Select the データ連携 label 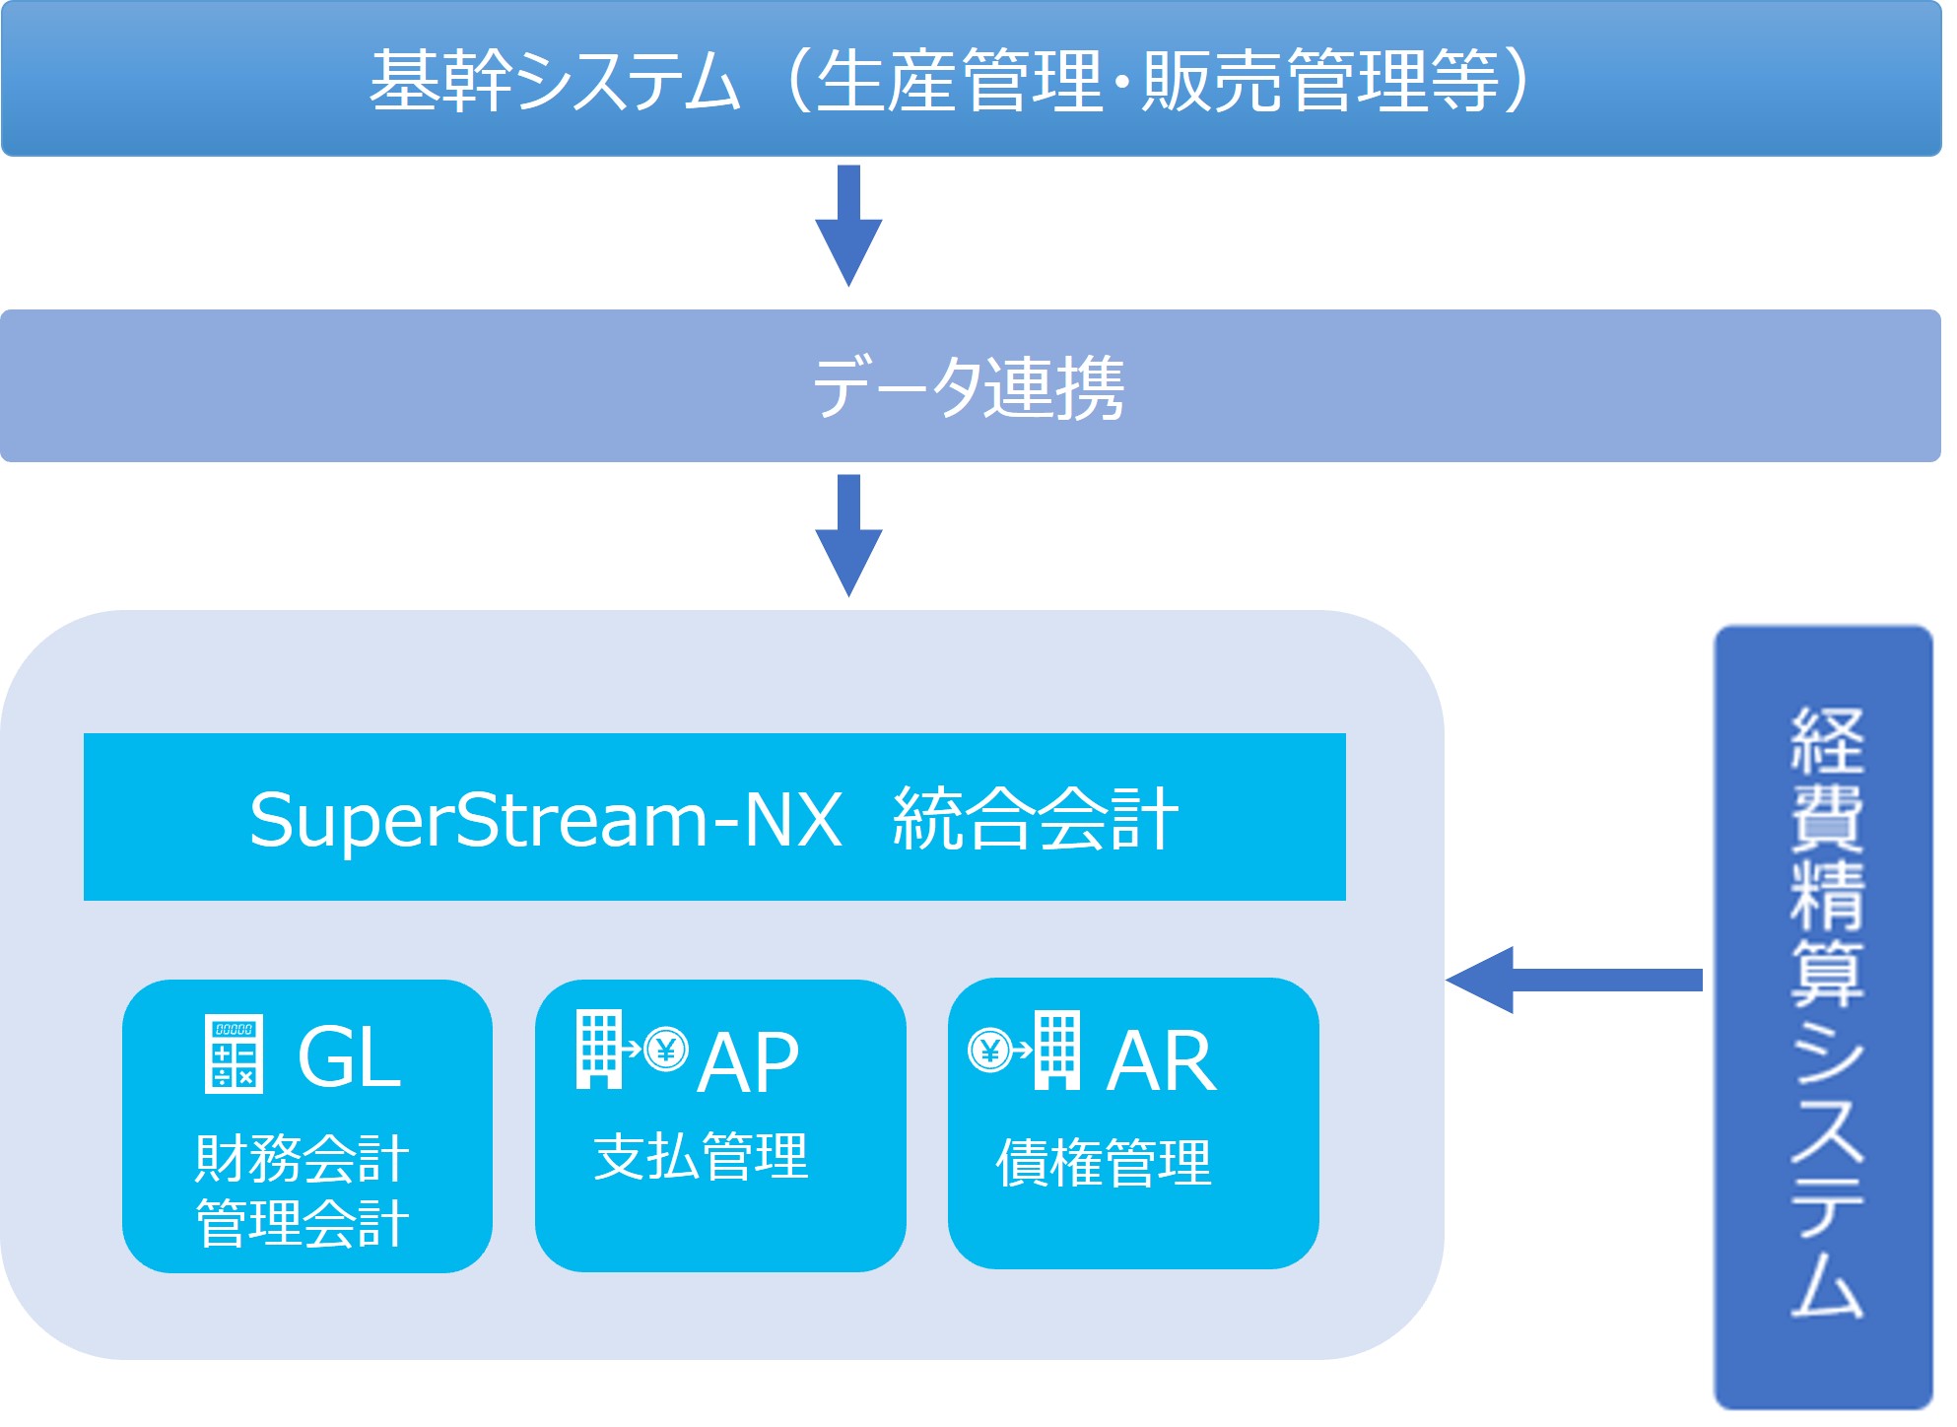tap(969, 387)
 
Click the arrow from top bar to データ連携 tap(848, 227)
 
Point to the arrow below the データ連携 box tap(848, 536)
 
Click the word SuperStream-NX tap(545, 819)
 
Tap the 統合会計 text tap(1035, 819)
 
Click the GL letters tap(349, 1057)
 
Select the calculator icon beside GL tap(234, 1054)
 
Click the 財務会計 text tap(303, 1158)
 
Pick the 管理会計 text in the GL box tap(303, 1223)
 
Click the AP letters tap(748, 1062)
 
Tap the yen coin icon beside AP tap(666, 1050)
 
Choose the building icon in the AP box tap(599, 1050)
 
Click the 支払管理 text tap(701, 1157)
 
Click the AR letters tap(1162, 1061)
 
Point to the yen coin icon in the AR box tap(989, 1051)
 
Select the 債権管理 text tap(1103, 1163)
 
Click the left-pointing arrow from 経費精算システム tap(1574, 980)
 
